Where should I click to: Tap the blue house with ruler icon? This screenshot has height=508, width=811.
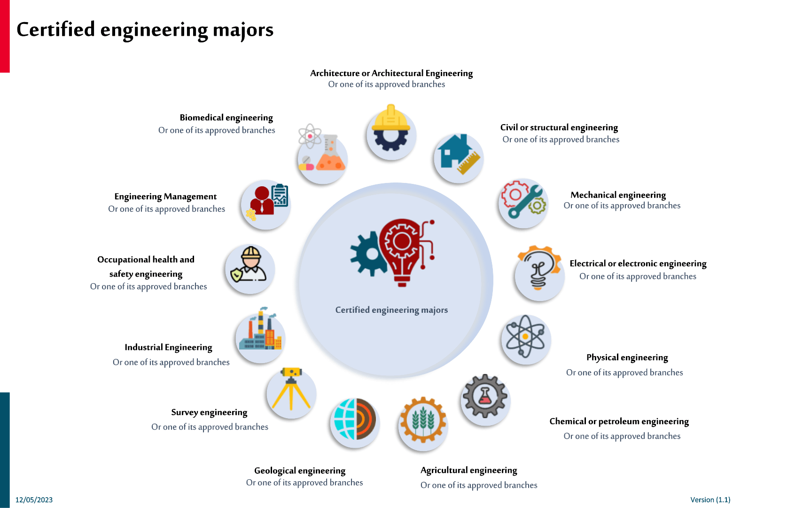(458, 156)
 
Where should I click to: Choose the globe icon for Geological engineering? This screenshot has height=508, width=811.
(355, 420)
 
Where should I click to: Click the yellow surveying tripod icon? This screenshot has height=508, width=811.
(291, 390)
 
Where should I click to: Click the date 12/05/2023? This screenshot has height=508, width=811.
(34, 500)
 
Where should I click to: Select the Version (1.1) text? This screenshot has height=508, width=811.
(710, 500)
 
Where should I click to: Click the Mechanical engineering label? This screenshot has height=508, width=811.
(618, 195)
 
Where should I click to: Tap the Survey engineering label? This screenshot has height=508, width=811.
(209, 412)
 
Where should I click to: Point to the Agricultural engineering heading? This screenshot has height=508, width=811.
(468, 470)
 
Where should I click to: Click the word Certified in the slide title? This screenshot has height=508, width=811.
(56, 29)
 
